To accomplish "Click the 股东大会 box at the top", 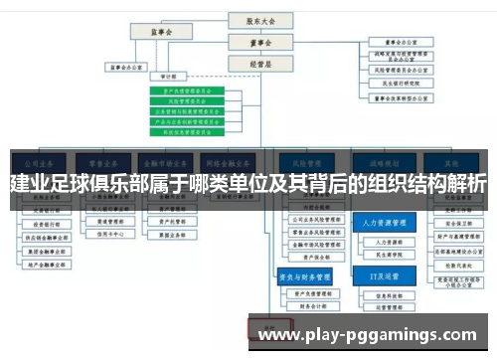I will pyautogui.click(x=253, y=19).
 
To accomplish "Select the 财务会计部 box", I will pyautogui.click(x=310, y=307).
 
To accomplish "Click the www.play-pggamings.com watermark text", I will pyautogui.click(x=368, y=335).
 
